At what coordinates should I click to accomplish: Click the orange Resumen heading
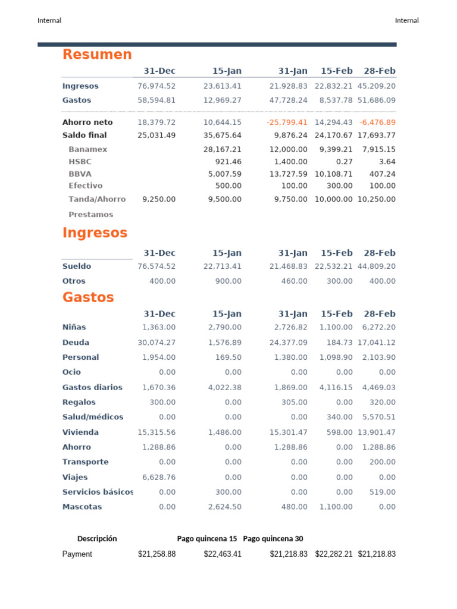coord(97,55)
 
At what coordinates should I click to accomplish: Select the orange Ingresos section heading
coord(95,233)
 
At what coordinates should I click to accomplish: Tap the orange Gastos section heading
coord(88,297)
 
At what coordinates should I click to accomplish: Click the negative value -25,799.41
coord(287,122)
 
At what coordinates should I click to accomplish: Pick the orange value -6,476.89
coord(377,122)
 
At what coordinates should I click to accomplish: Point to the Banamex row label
coord(87,149)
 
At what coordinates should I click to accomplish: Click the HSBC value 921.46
coord(228,161)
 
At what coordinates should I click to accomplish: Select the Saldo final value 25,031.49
coord(156,135)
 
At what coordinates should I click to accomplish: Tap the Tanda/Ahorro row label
coord(97,199)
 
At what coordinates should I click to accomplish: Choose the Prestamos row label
coord(90,215)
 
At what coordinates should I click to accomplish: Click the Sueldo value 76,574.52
coord(156,266)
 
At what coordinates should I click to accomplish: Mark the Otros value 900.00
coord(228,281)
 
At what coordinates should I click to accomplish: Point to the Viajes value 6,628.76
coord(159,477)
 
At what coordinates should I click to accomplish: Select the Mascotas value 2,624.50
coord(225,507)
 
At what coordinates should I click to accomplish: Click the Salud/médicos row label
coord(93,417)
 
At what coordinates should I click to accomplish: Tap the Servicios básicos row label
coord(98,492)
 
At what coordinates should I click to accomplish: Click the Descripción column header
coord(97,539)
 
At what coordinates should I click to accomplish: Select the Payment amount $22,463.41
coord(223,554)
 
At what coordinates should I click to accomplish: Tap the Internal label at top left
coord(49,20)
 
